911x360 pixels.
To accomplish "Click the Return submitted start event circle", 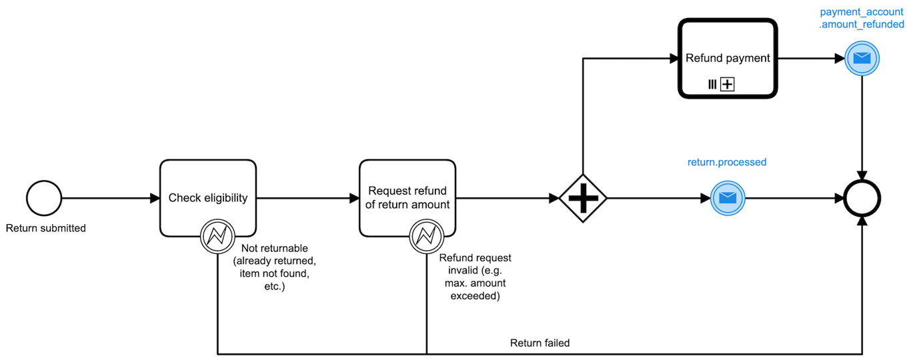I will point(44,198).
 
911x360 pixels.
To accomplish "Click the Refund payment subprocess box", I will point(728,59).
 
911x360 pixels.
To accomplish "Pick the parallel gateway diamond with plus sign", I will point(583,198).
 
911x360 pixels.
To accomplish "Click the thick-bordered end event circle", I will point(862,198).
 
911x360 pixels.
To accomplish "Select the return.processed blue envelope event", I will point(728,198).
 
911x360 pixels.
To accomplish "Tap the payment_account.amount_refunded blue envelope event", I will point(862,59).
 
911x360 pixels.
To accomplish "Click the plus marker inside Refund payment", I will point(728,85).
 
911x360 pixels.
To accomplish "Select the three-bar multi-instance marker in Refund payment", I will point(712,85).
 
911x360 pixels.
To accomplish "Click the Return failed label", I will point(540,343).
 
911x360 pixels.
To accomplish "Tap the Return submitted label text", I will point(45,228).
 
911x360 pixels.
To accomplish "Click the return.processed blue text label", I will point(727,162).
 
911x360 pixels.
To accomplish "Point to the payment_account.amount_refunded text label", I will point(861,18).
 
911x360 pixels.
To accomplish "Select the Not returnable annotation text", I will point(274,267).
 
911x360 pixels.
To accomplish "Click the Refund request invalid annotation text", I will point(475,277).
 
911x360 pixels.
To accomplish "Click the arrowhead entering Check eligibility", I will point(155,198).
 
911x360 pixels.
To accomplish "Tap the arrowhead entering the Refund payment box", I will point(674,59).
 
